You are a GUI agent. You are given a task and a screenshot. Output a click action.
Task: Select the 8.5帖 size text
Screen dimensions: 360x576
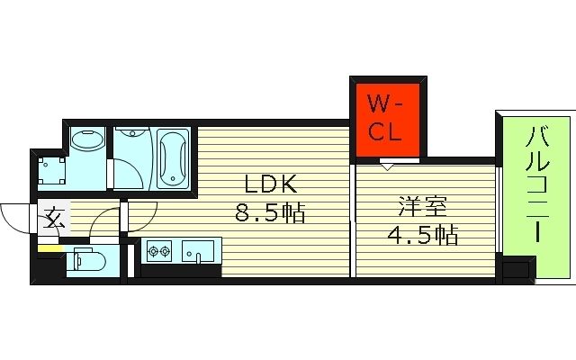269,213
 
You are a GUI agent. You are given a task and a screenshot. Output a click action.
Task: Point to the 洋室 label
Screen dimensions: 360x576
422,207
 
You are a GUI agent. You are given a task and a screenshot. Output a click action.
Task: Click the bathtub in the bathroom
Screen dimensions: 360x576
173,159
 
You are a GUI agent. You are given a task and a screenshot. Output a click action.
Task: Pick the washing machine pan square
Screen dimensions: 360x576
51,169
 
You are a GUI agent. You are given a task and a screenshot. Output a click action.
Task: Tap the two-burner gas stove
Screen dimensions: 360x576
159,250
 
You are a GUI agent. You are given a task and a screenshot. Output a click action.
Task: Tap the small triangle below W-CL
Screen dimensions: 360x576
387,166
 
